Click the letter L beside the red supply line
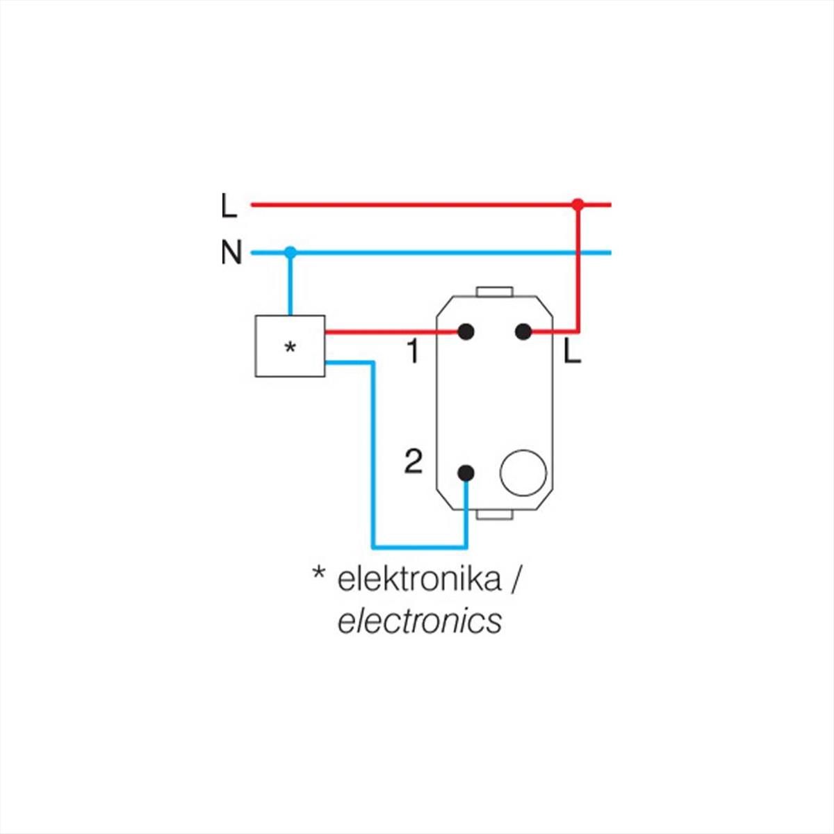pos(229,206)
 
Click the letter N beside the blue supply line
pos(231,252)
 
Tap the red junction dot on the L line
pos(577,204)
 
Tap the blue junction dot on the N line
pos(291,252)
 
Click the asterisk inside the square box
pos(291,347)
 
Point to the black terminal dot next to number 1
pos(466,332)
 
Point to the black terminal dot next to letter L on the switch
pos(523,332)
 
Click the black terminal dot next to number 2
pos(466,473)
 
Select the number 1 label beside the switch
pos(413,352)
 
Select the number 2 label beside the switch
pos(413,461)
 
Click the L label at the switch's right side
pos(571,353)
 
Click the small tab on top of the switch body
pos(494,292)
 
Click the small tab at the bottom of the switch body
pos(494,514)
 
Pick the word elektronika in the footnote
pos(418,579)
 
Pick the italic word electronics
pos(419,621)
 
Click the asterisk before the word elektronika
pos(319,574)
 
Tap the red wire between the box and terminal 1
pos(389,332)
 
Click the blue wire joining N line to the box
pos(291,285)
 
